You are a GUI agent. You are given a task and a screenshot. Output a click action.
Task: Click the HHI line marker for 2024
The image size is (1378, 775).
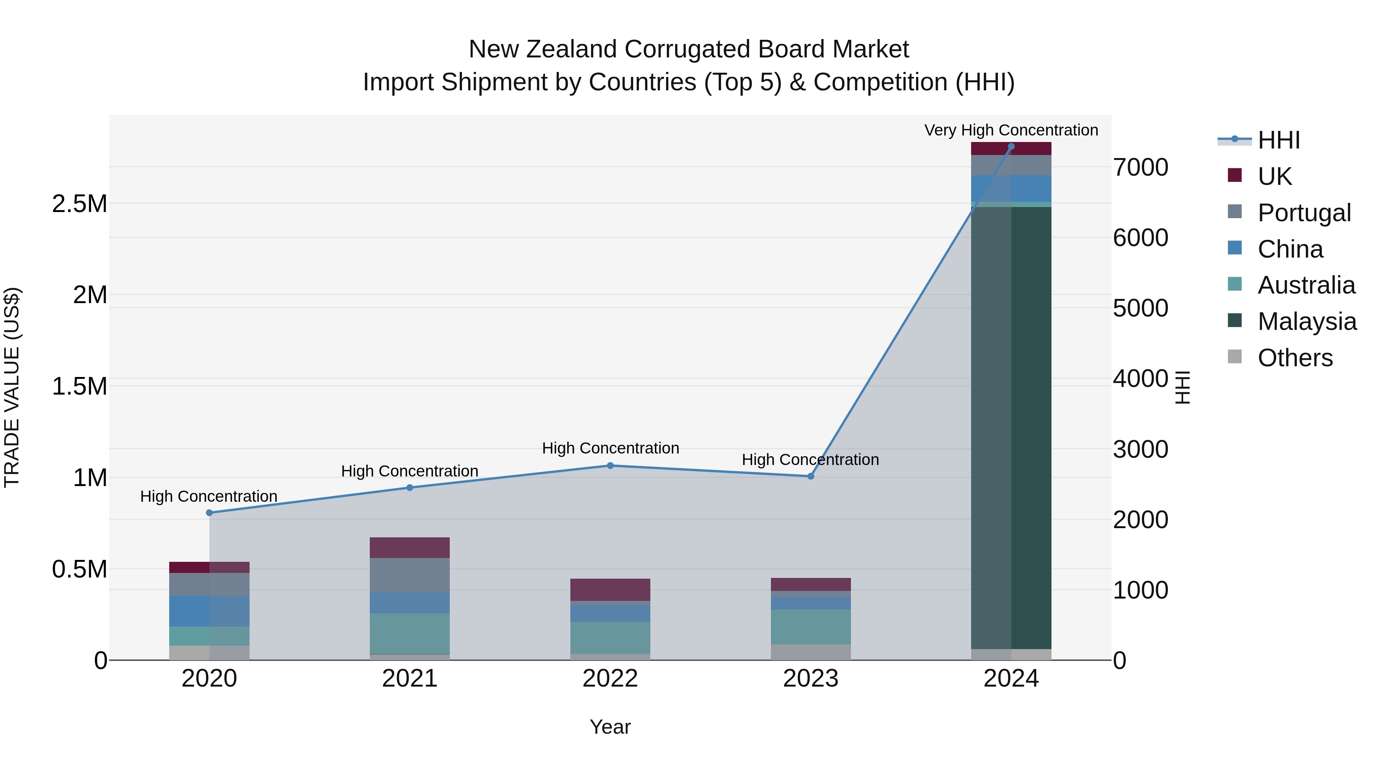pos(1011,147)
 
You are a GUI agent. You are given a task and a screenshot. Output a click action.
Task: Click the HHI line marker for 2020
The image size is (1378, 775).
pos(209,512)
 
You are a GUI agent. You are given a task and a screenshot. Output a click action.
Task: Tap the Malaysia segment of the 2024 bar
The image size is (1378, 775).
pos(1011,428)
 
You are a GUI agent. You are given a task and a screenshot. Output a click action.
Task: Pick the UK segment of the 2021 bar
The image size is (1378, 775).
pos(409,548)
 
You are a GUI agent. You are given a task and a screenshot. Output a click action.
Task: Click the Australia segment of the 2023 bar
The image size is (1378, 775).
pos(810,627)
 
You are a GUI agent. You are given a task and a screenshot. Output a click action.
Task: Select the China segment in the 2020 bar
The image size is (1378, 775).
pos(209,611)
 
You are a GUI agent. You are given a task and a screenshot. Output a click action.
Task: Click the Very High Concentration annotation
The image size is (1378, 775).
pos(1011,130)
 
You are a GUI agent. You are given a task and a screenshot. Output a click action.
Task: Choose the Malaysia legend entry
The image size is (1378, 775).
pos(1306,321)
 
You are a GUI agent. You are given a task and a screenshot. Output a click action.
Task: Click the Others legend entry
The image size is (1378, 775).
pos(1295,358)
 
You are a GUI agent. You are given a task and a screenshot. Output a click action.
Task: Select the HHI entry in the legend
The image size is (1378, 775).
pos(1278,140)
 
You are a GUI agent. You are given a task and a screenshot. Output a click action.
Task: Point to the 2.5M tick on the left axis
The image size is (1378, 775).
pos(79,204)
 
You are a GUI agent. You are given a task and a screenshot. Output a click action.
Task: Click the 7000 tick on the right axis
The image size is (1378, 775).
pos(1141,167)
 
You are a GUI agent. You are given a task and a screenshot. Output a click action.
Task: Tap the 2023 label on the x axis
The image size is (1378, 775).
pos(810,679)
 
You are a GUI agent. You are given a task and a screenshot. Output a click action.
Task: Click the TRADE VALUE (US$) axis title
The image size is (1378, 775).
pos(12,387)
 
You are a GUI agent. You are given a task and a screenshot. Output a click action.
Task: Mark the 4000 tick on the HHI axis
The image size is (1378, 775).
pos(1141,379)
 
